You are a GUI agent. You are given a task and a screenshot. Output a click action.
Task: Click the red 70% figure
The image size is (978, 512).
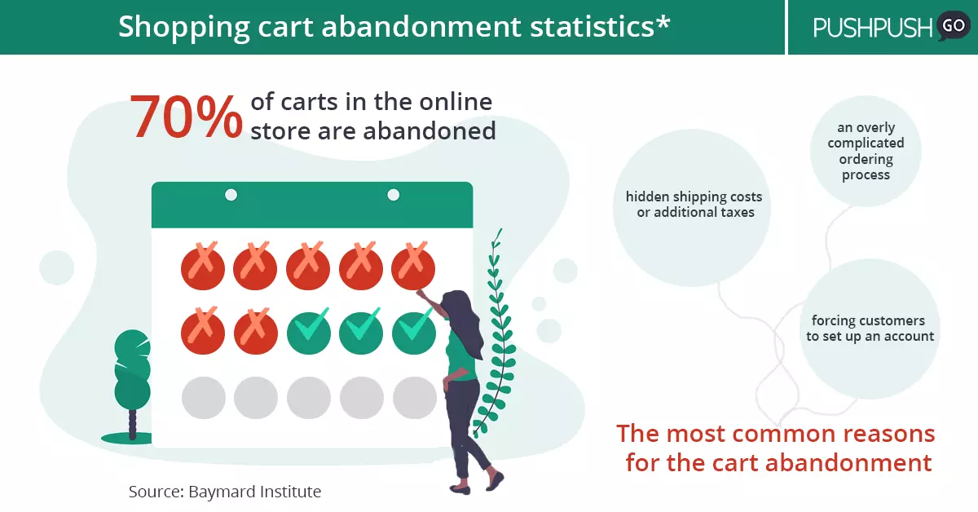click(x=186, y=117)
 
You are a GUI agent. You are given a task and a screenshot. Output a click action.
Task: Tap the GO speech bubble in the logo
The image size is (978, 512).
click(x=953, y=26)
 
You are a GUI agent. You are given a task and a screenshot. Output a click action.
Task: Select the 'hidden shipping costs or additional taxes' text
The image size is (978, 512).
click(x=694, y=205)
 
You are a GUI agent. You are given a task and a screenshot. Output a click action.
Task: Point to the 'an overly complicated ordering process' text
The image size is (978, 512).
click(x=866, y=151)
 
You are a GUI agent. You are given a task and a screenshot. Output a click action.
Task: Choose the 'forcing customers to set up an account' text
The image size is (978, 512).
click(x=870, y=329)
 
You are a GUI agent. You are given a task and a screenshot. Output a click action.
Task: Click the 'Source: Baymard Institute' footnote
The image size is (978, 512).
click(x=225, y=492)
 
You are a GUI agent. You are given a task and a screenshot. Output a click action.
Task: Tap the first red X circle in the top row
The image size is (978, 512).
click(x=203, y=266)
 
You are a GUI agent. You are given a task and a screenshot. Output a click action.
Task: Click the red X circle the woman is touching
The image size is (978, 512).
click(x=413, y=266)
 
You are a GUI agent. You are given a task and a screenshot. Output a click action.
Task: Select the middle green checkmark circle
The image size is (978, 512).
click(x=361, y=332)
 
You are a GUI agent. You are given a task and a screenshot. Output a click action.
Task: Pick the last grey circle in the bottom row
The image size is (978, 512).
click(x=414, y=398)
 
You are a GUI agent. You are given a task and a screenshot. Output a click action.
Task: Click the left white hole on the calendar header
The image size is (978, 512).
click(x=231, y=195)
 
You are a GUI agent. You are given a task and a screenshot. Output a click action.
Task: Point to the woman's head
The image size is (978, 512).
click(x=456, y=304)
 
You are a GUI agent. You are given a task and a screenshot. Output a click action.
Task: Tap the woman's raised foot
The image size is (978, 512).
click(x=496, y=481)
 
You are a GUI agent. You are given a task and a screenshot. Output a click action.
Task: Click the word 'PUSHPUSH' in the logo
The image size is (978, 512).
click(x=872, y=28)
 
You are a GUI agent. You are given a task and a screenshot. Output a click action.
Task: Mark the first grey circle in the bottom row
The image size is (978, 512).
click(x=204, y=398)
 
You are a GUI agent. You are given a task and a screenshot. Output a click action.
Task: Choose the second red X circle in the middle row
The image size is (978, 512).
click(x=255, y=332)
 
